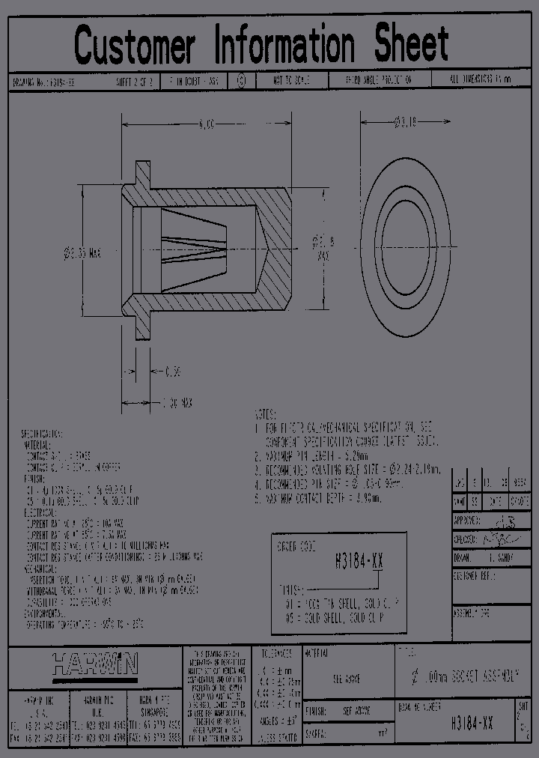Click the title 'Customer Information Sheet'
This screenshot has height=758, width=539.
261,44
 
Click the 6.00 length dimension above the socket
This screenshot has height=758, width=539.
206,124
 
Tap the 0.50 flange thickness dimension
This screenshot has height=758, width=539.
171,371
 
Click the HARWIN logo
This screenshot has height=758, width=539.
94,664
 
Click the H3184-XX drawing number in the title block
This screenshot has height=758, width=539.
472,724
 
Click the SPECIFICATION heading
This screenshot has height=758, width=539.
42,434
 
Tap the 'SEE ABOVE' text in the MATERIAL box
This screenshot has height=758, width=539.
347,679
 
